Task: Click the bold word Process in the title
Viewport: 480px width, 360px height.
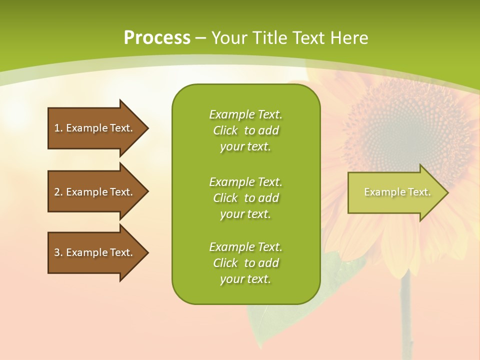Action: (x=157, y=38)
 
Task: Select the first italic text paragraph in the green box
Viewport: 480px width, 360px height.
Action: (x=245, y=130)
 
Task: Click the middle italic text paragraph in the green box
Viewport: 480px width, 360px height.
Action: (x=245, y=198)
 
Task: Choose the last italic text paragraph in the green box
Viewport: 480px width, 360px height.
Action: (x=245, y=263)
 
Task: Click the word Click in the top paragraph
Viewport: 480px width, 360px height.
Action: (x=225, y=130)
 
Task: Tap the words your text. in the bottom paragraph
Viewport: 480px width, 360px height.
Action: (x=245, y=279)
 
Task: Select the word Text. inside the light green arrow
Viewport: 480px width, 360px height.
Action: (x=419, y=192)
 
